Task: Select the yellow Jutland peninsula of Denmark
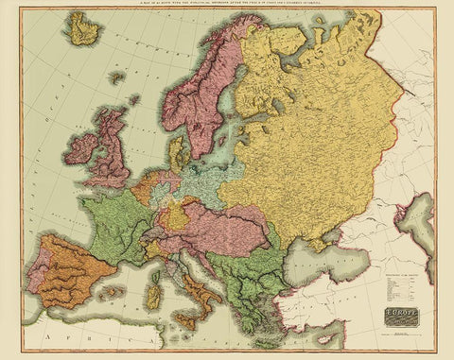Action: click(x=176, y=152)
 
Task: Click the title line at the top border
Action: click(x=227, y=9)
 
